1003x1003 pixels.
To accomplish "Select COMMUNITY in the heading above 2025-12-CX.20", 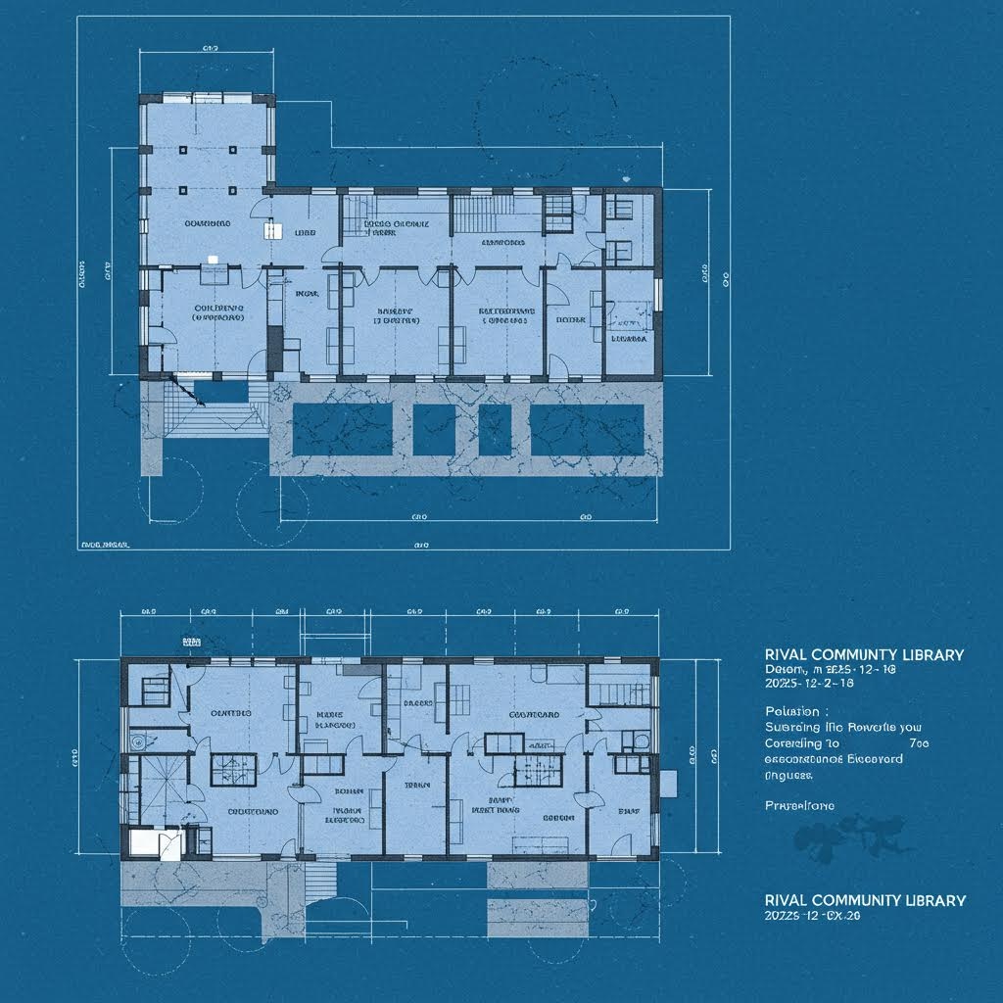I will coord(862,900).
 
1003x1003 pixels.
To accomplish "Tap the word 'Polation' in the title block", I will coord(796,711).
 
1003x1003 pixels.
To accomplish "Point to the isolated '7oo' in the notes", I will coord(918,743).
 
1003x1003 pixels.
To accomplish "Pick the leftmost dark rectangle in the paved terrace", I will coord(343,429).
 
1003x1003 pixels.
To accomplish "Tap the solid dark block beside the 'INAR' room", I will coord(275,343).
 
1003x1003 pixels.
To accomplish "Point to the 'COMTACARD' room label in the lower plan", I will coord(534,715).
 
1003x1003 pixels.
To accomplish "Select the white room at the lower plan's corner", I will coord(146,843).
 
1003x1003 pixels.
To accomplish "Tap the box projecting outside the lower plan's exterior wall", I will coord(669,783).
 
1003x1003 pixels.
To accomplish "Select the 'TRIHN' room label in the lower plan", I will coord(417,786).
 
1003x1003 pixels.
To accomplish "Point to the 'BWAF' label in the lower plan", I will coord(628,811).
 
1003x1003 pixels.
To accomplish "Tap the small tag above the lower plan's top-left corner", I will coord(190,640).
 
